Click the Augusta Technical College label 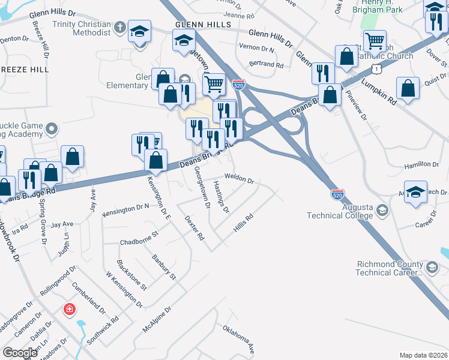pyautogui.click(x=341, y=211)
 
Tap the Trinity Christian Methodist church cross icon pyautogui.click(x=120, y=27)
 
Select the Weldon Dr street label pyautogui.click(x=240, y=179)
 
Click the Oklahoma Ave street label pyautogui.click(x=239, y=339)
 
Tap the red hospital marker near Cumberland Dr pyautogui.click(x=70, y=309)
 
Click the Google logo pyautogui.click(x=20, y=352)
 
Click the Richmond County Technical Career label pyautogui.click(x=390, y=268)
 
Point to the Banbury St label pyautogui.click(x=163, y=268)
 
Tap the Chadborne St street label pyautogui.click(x=139, y=238)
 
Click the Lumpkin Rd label pyautogui.click(x=380, y=94)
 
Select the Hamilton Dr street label pyautogui.click(x=421, y=164)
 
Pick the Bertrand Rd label pyautogui.click(x=265, y=64)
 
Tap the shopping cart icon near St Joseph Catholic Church pyautogui.click(x=375, y=41)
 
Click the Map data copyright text pyautogui.click(x=423, y=355)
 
